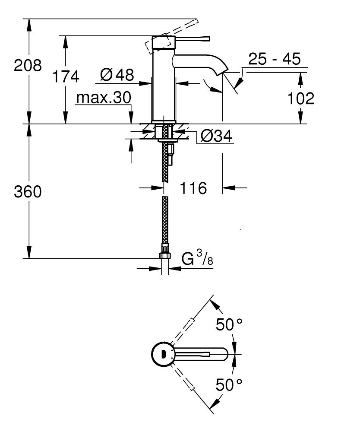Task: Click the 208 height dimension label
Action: [28, 66]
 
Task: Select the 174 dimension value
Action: [66, 77]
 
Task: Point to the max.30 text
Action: [103, 98]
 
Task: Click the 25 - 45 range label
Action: [275, 59]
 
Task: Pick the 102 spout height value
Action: [301, 98]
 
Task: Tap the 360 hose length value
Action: [28, 192]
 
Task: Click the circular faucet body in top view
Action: [162, 355]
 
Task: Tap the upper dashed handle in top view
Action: [190, 324]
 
